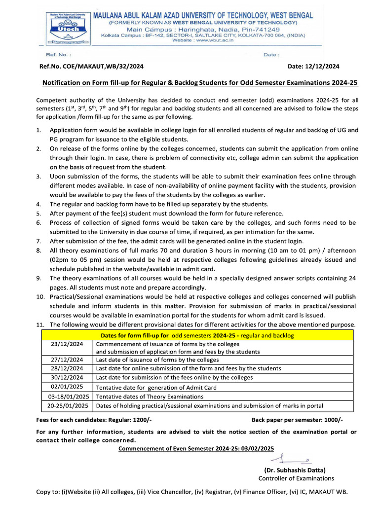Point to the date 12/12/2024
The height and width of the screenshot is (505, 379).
tap(323, 67)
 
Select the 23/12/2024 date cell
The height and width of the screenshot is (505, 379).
tap(67, 344)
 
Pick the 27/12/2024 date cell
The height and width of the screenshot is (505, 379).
tap(67, 360)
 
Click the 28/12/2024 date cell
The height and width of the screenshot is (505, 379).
tap(67, 368)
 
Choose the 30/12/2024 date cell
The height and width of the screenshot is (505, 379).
tap(67, 377)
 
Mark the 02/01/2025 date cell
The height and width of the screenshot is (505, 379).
tap(67, 387)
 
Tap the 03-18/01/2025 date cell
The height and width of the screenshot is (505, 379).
tap(67, 397)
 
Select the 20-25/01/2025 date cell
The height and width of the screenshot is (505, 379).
tap(67, 406)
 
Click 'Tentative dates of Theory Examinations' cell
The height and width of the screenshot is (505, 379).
tap(150, 397)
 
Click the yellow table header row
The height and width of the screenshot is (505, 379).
tap(197, 335)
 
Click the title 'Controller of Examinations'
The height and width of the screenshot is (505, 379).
tap(296, 478)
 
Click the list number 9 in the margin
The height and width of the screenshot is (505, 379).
tap(39, 279)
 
